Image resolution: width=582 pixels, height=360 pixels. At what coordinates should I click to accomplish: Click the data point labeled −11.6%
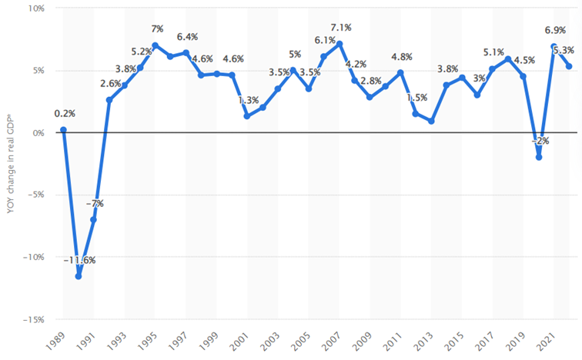pyautogui.click(x=79, y=276)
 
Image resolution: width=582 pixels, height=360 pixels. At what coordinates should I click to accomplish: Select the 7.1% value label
pyautogui.click(x=340, y=28)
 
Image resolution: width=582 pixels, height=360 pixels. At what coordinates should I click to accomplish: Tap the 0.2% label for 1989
pyautogui.click(x=65, y=114)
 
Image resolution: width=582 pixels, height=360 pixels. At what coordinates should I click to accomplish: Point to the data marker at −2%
pyautogui.click(x=539, y=157)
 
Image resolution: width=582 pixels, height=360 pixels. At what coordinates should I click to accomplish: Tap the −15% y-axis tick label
pyautogui.click(x=33, y=319)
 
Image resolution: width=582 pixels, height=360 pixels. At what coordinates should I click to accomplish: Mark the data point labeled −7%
pyautogui.click(x=94, y=219)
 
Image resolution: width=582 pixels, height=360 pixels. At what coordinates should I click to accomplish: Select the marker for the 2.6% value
pyautogui.click(x=109, y=100)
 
